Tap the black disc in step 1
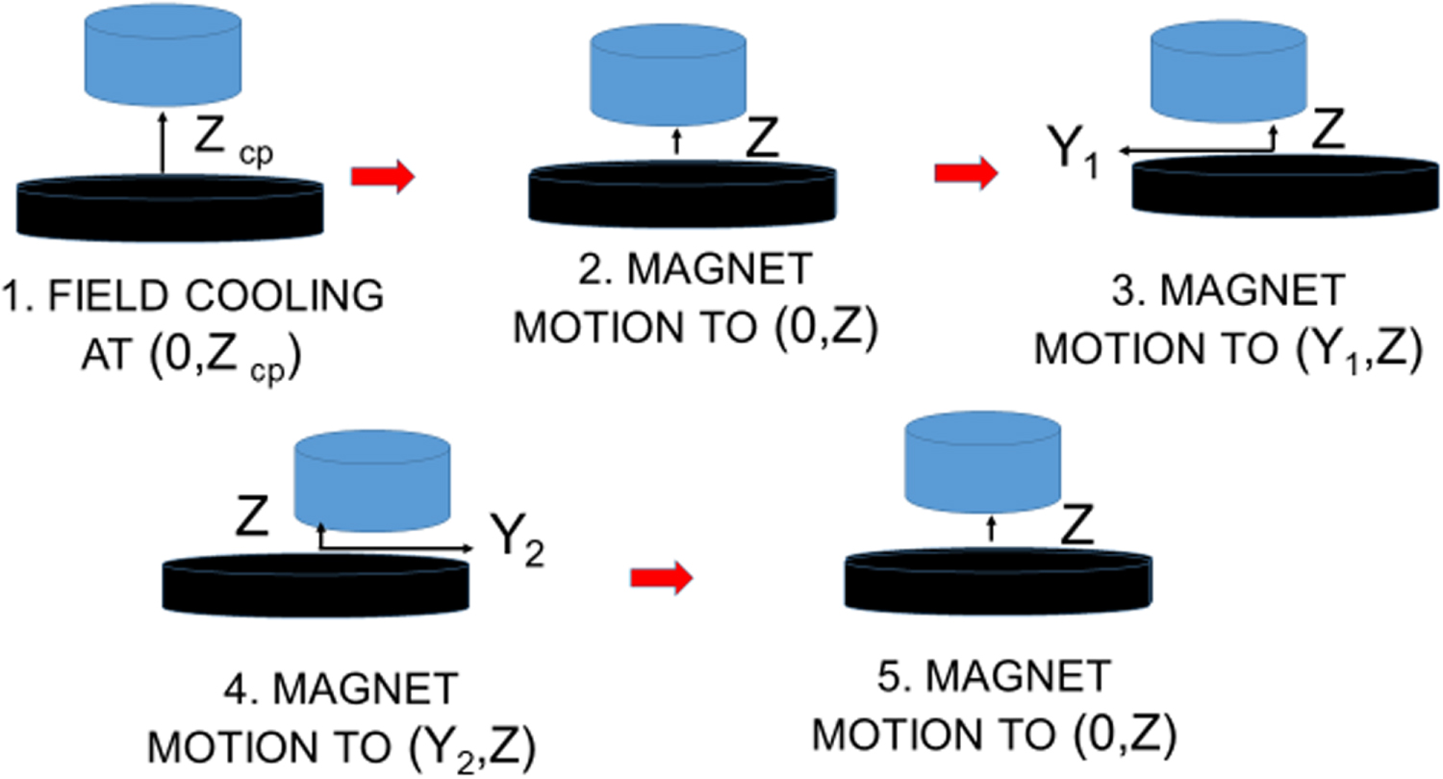(x=169, y=205)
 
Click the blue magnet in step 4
(x=371, y=478)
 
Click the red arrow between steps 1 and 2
(x=382, y=177)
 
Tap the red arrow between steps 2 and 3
(x=966, y=174)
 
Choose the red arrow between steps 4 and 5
(x=661, y=577)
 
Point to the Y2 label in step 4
(x=517, y=551)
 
